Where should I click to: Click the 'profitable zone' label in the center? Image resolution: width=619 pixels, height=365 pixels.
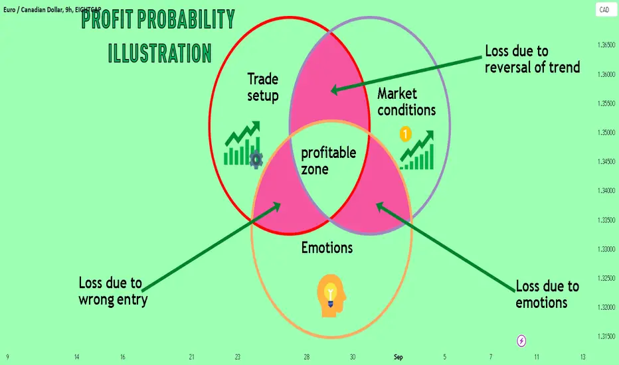329,161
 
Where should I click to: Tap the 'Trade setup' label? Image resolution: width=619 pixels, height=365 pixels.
263,87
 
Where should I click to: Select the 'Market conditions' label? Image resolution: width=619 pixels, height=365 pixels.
406,102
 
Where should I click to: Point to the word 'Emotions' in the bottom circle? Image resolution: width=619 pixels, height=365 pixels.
327,248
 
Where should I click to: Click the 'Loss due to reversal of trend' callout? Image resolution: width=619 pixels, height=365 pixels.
533,59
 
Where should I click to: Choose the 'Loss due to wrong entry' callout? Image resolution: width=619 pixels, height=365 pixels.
114,291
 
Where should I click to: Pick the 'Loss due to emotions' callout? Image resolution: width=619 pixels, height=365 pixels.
547,295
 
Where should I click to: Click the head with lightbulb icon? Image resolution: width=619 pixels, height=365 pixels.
331,295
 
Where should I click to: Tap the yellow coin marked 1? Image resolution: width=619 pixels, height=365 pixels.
405,134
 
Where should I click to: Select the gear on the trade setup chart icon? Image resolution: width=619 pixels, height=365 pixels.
256,159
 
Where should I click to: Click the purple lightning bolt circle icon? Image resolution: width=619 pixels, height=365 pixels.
521,340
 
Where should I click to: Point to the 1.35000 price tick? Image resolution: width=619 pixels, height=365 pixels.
606,133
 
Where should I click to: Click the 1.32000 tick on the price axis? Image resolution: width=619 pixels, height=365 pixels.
606,307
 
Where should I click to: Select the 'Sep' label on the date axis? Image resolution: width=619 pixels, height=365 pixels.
398,357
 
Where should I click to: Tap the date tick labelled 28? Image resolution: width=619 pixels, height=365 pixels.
307,357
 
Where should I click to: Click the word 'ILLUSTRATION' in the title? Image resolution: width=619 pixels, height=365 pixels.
160,53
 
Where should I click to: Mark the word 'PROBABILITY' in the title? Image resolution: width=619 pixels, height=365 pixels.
186,19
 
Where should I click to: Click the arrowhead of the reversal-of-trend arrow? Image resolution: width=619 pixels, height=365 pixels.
334,90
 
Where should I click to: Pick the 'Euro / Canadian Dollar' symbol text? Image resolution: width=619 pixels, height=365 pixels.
33,9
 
